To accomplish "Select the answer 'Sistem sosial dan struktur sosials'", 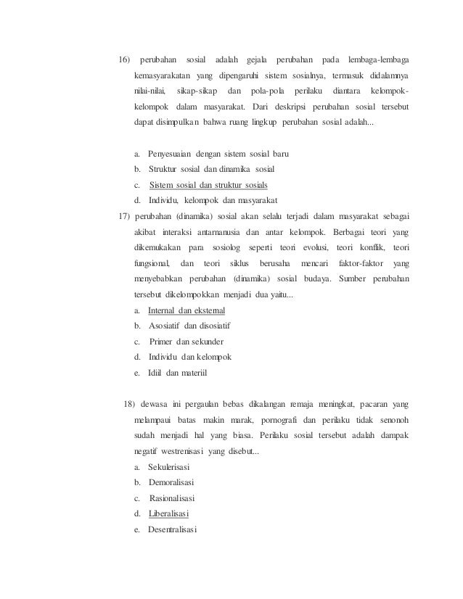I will click(x=203, y=184).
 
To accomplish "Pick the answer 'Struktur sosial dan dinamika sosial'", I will click(x=207, y=169).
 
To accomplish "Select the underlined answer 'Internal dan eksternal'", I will click(x=187, y=311).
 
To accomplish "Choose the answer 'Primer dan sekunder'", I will click(x=187, y=342).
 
